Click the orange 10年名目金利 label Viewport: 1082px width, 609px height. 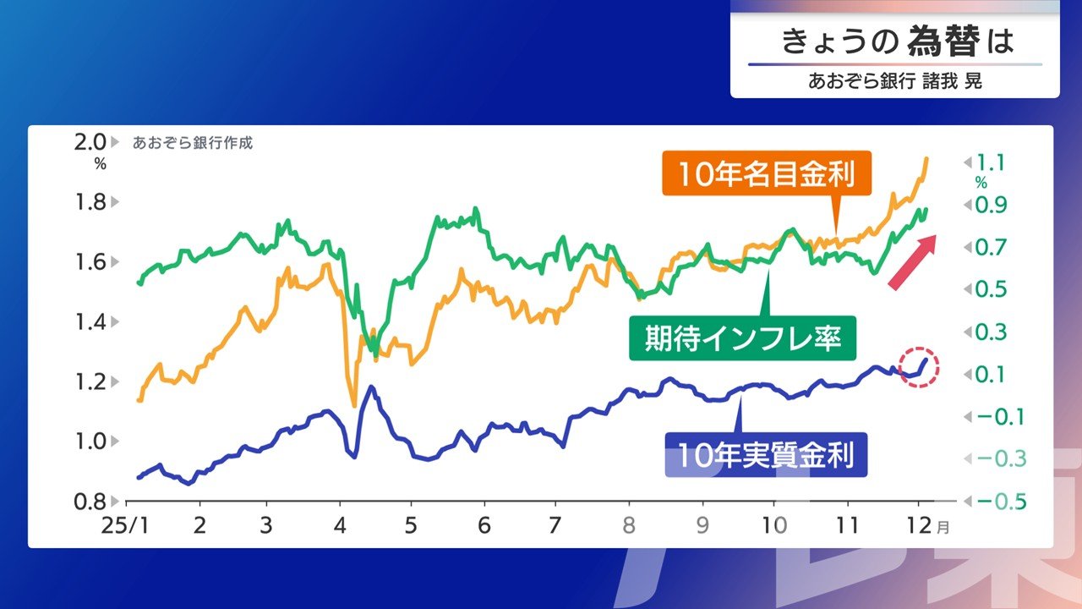tap(767, 174)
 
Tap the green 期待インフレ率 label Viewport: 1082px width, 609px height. tap(743, 338)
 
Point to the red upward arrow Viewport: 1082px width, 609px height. tap(913, 261)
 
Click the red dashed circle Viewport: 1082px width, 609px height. tap(919, 367)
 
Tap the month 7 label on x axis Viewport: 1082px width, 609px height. tap(555, 525)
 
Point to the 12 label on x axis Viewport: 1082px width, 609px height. tap(921, 525)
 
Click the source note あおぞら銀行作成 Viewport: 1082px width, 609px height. tap(193, 143)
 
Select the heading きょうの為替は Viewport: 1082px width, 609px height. tap(896, 41)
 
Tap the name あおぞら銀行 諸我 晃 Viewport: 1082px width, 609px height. tap(895, 82)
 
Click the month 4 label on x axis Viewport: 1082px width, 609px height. tap(339, 525)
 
